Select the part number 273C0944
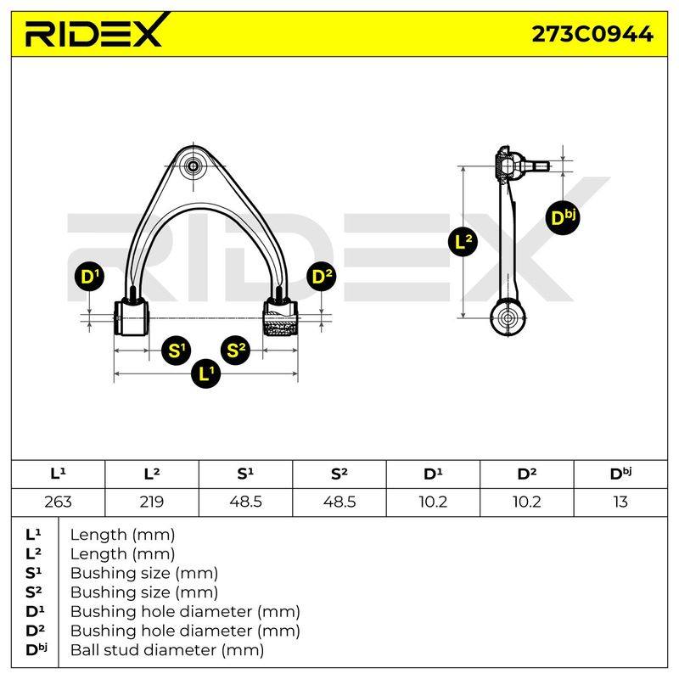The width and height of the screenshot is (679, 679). pyautogui.click(x=592, y=34)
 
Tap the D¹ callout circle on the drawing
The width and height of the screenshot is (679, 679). pyautogui.click(x=89, y=277)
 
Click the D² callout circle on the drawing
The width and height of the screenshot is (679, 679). pyautogui.click(x=322, y=277)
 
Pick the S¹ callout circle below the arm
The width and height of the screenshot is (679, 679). pyautogui.click(x=176, y=350)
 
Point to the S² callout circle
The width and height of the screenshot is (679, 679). pyautogui.click(x=236, y=349)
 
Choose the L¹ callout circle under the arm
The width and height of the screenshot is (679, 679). pyautogui.click(x=205, y=373)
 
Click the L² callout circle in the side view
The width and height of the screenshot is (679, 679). pyautogui.click(x=463, y=241)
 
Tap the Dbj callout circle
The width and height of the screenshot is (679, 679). pyautogui.click(x=563, y=218)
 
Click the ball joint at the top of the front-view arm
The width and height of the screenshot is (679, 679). pyautogui.click(x=194, y=166)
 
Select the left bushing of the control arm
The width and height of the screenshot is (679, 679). pyautogui.click(x=131, y=318)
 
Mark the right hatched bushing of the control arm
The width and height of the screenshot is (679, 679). pyautogui.click(x=281, y=318)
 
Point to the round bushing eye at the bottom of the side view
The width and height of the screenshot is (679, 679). pyautogui.click(x=508, y=318)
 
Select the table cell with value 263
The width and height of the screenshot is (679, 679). pyautogui.click(x=58, y=502)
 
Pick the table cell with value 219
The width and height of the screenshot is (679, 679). pyautogui.click(x=152, y=502)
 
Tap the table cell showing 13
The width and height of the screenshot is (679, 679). pyautogui.click(x=620, y=502)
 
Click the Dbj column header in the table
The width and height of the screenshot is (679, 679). pyautogui.click(x=620, y=474)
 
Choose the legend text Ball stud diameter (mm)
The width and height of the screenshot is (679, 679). pyautogui.click(x=167, y=650)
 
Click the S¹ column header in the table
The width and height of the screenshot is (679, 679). pyautogui.click(x=245, y=474)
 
